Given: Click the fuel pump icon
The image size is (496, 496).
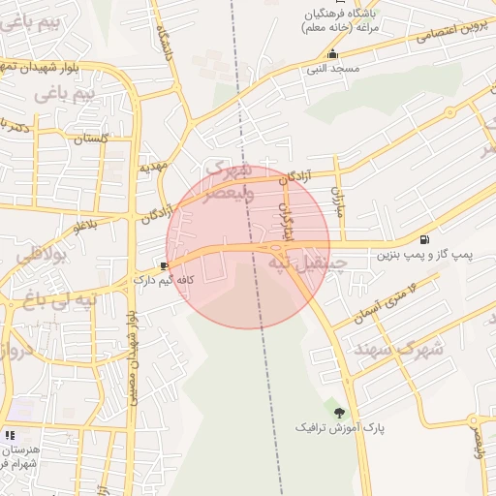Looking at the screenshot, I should click(424, 239).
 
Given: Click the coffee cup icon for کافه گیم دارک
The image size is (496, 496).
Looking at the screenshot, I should click(163, 265).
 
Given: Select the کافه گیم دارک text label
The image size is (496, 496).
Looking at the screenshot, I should click(164, 280).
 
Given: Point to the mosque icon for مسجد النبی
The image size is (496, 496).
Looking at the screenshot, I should click(333, 54).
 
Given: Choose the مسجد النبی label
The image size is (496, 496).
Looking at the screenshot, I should click(333, 69).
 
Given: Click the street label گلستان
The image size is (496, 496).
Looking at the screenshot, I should click(91, 139).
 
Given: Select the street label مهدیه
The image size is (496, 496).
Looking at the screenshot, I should click(153, 167).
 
